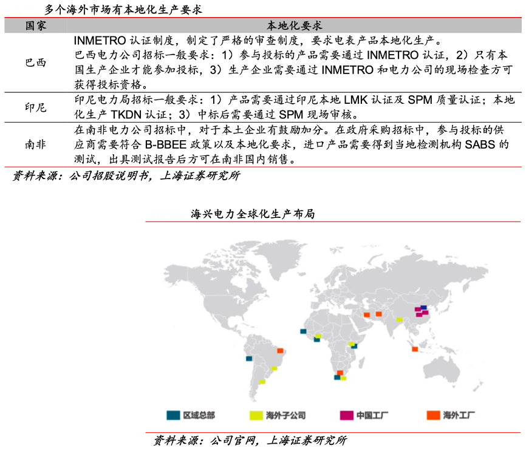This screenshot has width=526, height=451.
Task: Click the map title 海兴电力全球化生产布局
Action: (252, 214)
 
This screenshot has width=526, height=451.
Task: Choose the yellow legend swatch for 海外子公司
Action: (256, 416)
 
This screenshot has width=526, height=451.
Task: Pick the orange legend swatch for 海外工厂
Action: (432, 416)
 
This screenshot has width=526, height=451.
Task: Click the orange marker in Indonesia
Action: (415, 348)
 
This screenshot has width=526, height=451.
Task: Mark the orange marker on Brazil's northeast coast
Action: (280, 350)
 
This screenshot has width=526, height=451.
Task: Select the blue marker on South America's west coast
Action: (248, 359)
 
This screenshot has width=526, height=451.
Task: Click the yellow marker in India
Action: (399, 319)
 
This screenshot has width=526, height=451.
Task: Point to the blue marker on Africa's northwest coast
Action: (302, 331)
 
